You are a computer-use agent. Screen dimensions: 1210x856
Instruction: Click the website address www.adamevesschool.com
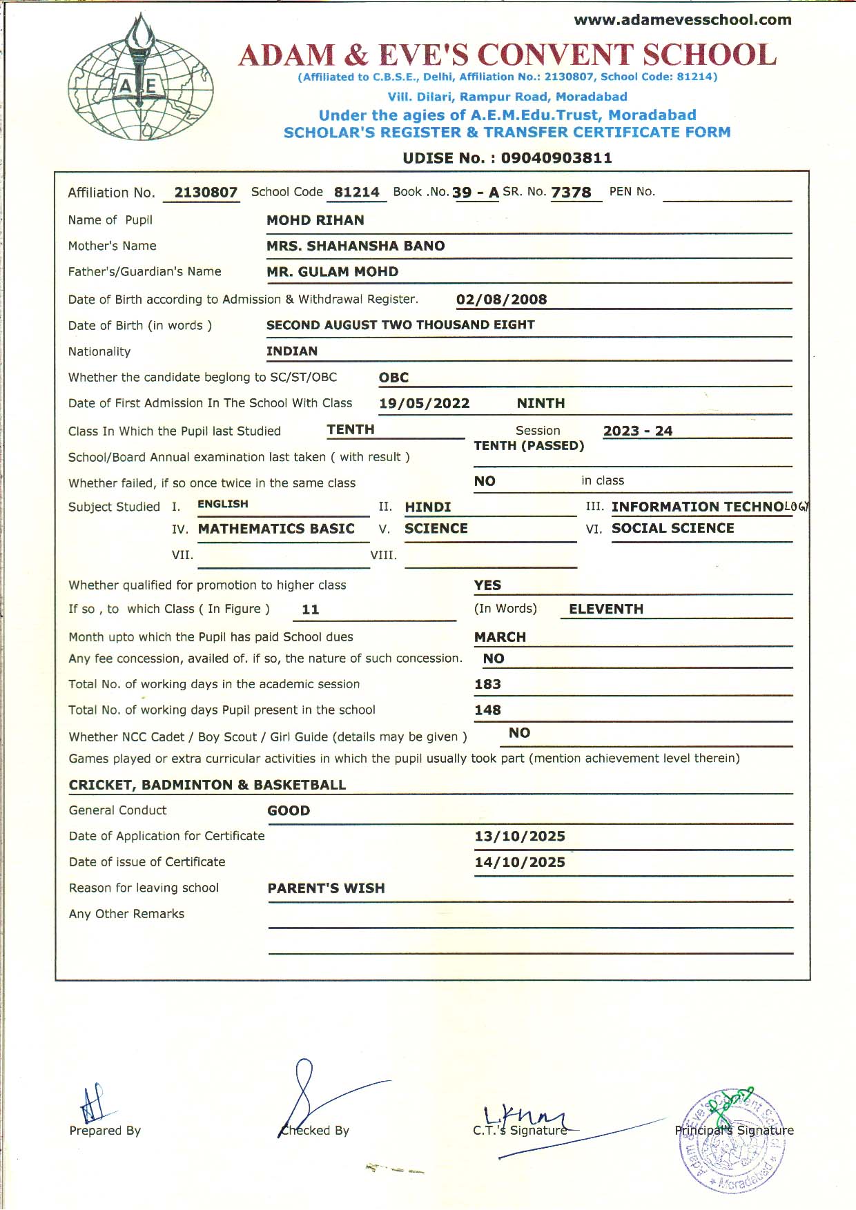point(682,20)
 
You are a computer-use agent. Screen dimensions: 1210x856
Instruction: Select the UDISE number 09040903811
point(556,158)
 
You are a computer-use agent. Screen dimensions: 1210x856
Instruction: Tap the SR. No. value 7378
point(571,193)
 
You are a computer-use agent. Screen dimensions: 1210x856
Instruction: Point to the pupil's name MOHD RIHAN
point(315,220)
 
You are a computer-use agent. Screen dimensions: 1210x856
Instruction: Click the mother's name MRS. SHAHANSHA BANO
point(356,246)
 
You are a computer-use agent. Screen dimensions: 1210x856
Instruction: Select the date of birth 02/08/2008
point(501,300)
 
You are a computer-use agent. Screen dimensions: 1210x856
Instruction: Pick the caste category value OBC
point(393,378)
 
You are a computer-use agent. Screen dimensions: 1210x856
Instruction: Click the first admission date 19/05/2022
point(424,404)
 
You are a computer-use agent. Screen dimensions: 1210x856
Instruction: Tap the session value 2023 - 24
point(637,431)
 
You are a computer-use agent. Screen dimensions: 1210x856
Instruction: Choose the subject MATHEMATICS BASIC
point(276,529)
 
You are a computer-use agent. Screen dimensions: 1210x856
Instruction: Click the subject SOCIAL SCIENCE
point(672,529)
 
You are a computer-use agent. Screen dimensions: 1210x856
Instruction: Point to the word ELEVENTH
point(605,609)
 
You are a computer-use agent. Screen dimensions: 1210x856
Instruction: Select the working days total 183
point(487,685)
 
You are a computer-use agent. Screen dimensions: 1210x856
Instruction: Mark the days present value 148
point(487,710)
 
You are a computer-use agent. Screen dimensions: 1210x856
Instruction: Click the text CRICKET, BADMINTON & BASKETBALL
point(207,785)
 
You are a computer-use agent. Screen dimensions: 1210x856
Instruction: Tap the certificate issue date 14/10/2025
point(519,862)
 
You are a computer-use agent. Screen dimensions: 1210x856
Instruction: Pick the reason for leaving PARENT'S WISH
point(326,888)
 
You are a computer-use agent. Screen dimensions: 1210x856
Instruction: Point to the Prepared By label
point(105,1131)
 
